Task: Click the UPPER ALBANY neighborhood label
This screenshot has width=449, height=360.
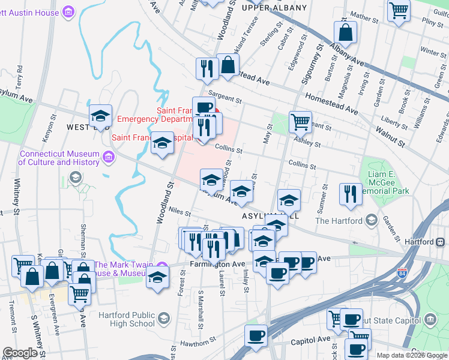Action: [x=274, y=8]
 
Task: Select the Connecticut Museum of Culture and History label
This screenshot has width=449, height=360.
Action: [x=58, y=158]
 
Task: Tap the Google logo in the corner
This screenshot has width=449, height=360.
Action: [x=20, y=353]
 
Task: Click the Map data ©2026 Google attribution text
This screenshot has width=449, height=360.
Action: [x=412, y=355]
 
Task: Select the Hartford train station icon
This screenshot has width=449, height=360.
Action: [x=441, y=242]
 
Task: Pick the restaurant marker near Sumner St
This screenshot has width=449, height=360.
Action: [x=351, y=193]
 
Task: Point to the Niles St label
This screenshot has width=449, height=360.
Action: [x=179, y=213]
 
